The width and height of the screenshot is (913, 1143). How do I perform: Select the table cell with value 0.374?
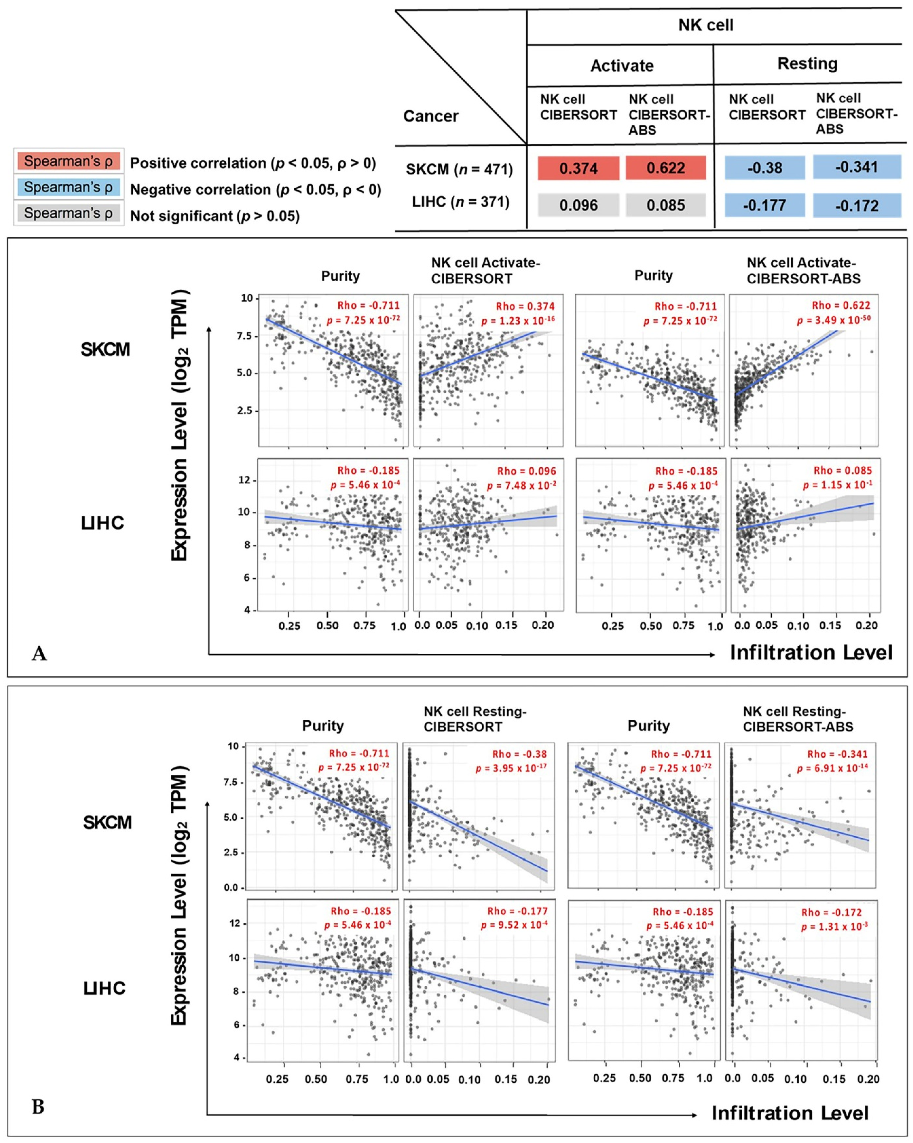pos(578,168)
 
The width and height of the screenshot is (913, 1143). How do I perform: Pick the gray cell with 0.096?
pos(578,205)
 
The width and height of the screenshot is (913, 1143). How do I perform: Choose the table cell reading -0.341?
pos(857,167)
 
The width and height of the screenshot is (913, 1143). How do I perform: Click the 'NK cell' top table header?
pos(706,25)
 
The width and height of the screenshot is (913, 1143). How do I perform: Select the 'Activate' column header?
pos(622,66)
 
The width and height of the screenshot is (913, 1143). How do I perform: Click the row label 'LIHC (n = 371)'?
pos(460,202)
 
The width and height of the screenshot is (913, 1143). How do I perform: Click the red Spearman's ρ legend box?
pos(68,161)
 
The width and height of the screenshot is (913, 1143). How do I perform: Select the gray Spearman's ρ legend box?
pos(68,213)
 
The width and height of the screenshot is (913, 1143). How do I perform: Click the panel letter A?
pos(39,654)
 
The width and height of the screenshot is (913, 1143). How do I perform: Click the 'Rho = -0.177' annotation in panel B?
pos(517,911)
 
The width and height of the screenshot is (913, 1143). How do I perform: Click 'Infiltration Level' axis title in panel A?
pos(811,653)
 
